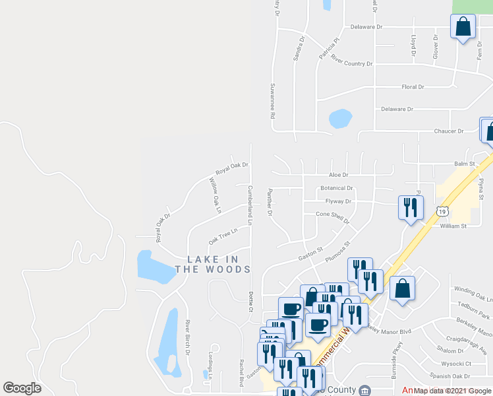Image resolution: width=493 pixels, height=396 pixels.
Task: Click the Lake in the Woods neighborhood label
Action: tap(213, 264)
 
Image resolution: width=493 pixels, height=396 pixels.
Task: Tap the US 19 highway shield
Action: tap(442, 211)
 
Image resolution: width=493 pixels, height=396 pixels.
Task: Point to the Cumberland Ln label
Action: tap(250, 205)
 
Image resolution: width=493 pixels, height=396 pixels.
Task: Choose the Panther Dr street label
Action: tap(270, 203)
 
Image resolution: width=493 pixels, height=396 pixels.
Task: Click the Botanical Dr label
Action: tap(337, 188)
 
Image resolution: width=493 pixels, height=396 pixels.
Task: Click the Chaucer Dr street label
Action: tap(449, 131)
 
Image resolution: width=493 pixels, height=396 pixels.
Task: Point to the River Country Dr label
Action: tap(352, 63)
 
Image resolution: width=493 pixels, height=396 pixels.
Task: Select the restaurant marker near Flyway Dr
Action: tap(411, 209)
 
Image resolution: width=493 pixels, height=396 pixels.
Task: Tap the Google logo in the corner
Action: tap(22, 388)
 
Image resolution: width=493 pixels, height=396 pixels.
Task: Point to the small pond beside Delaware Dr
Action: tap(340, 119)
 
